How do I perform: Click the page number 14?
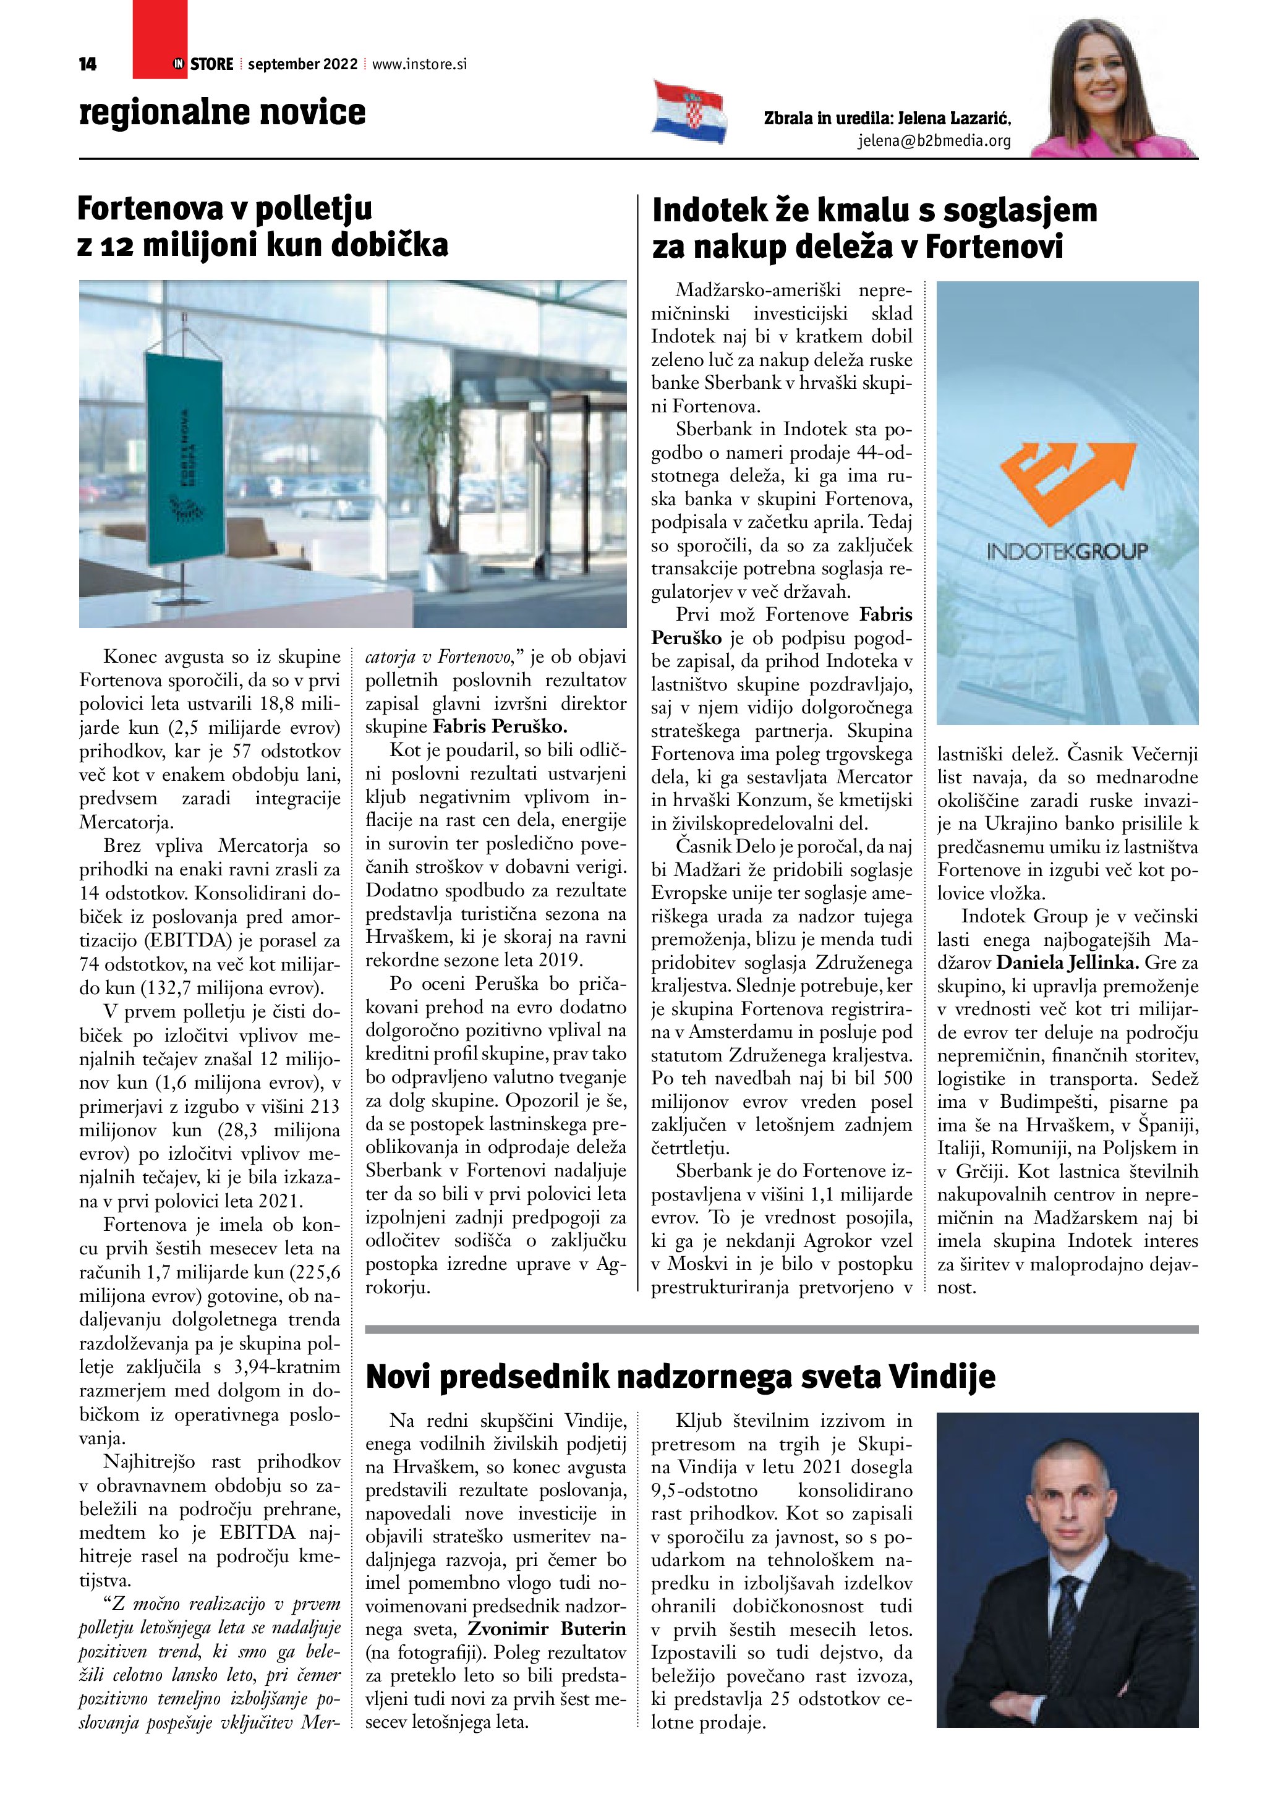pos(87,64)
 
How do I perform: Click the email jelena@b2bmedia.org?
pos(934,142)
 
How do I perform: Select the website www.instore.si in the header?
pos(419,64)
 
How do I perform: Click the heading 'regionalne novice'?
pos(222,112)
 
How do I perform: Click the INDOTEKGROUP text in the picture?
pos(1067,551)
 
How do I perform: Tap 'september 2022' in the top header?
pos(302,64)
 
